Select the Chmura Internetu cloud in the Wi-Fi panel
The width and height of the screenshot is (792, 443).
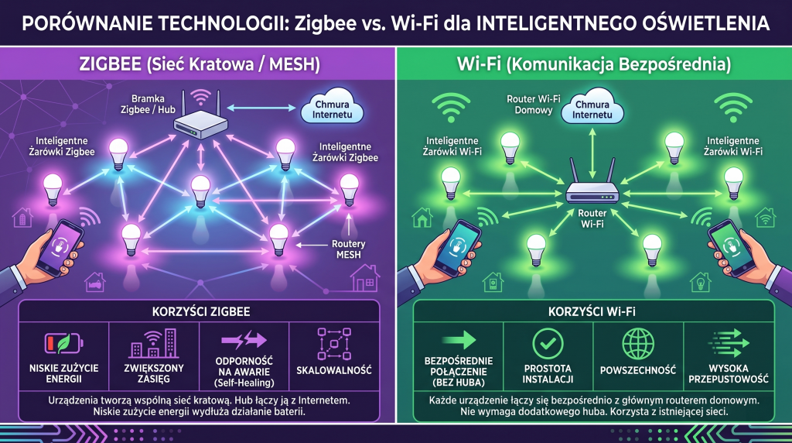592,108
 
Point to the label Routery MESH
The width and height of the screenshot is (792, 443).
348,249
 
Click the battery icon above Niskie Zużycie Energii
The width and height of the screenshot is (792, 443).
63,343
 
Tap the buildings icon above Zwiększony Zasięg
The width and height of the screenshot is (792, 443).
154,343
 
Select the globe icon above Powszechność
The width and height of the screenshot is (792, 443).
637,343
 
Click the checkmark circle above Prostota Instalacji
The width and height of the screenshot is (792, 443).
548,344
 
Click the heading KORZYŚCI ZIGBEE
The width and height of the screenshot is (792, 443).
201,311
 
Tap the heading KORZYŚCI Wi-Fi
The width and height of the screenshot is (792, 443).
592,311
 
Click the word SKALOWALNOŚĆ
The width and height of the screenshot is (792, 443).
334,370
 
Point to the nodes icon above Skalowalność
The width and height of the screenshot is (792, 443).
334,343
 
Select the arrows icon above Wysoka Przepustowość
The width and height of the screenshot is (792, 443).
728,343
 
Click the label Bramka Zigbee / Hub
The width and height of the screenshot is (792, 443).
148,105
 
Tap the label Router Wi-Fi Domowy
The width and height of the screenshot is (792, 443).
534,105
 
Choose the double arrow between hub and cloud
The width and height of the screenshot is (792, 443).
261,107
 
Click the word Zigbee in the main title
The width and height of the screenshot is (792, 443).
326,23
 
